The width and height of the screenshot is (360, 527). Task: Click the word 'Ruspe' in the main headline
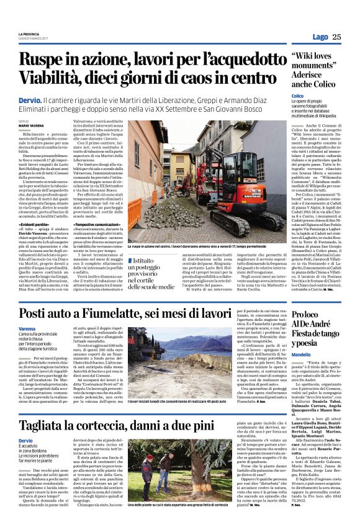pyautogui.click(x=45, y=61)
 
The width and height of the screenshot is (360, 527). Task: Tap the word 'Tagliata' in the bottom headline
pyautogui.click(x=51, y=408)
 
